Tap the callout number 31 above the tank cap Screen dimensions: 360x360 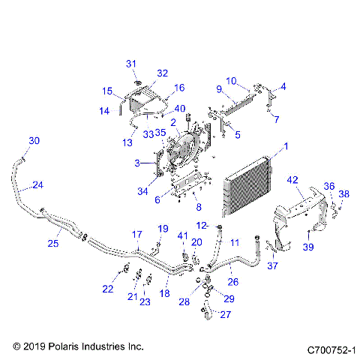(130, 62)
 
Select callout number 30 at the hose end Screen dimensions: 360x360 (34, 141)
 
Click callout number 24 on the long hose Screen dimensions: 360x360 (37, 185)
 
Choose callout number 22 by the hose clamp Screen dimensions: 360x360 (108, 289)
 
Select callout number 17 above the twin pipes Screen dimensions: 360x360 (137, 234)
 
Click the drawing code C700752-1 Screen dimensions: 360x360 (329, 349)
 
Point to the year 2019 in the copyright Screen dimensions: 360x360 (34, 347)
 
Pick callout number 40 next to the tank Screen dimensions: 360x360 (179, 109)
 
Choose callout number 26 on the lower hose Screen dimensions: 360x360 (232, 282)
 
